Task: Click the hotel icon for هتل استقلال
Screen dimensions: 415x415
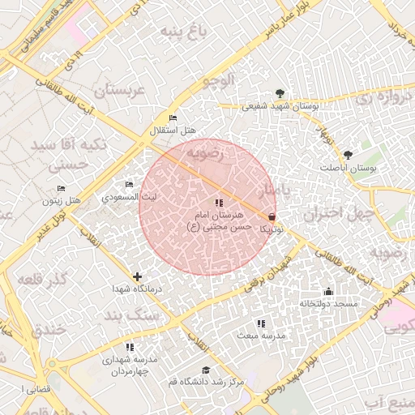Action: point(173,118)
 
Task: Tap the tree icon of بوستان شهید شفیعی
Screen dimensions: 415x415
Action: point(280,93)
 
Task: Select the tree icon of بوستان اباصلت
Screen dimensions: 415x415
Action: point(348,154)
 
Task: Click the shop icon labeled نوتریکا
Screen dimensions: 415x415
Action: point(271,217)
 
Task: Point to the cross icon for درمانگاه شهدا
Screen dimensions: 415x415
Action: point(137,276)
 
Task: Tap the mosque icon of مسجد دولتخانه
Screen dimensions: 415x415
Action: point(328,292)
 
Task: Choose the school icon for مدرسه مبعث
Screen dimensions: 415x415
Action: point(260,323)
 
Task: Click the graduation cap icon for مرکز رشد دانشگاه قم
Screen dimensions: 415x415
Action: point(206,370)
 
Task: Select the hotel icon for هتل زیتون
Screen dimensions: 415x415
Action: point(61,188)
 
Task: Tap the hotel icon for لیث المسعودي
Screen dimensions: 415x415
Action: point(129,185)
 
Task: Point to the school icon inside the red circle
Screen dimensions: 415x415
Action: point(218,203)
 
